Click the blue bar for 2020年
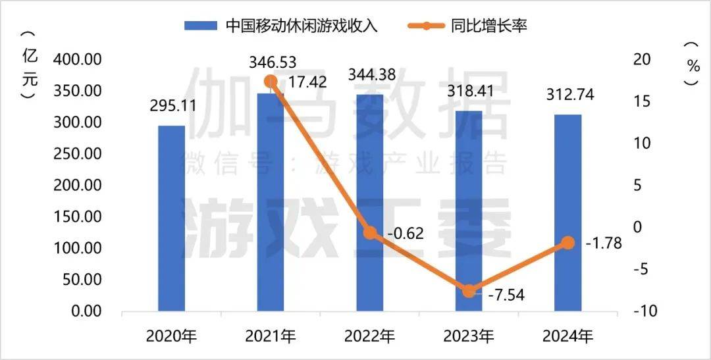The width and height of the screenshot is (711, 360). [171, 218]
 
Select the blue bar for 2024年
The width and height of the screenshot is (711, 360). [567, 213]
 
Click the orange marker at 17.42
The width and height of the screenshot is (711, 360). [271, 82]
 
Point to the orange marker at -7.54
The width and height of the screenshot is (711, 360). [469, 291]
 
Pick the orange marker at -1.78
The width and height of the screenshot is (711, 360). [567, 243]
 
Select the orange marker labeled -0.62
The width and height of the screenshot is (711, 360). [370, 233]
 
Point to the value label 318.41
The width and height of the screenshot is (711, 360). [469, 91]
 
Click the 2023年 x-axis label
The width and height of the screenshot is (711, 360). [469, 337]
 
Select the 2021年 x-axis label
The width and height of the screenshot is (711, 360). [271, 337]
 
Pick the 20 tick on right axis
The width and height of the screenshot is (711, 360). [641, 59]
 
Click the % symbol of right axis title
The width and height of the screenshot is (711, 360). [692, 65]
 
